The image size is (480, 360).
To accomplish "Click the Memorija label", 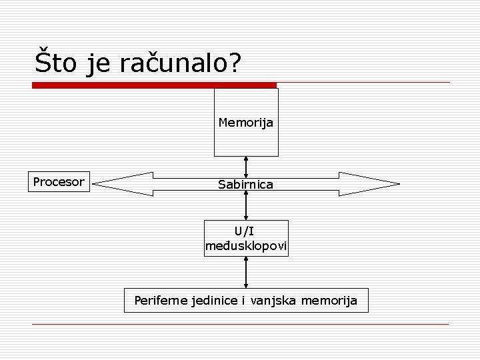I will pyautogui.click(x=246, y=123).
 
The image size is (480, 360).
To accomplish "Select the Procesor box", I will pyautogui.click(x=59, y=181).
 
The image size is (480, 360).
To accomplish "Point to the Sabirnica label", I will pyautogui.click(x=245, y=184).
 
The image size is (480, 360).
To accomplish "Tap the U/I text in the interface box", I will pyautogui.click(x=246, y=231).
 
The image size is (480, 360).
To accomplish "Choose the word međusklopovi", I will pyautogui.click(x=246, y=247).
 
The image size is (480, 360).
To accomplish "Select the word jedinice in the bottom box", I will pyautogui.click(x=213, y=301).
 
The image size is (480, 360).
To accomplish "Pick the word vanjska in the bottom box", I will pyautogui.click(x=273, y=301).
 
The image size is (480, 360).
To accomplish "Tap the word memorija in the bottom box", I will pyautogui.click(x=329, y=301).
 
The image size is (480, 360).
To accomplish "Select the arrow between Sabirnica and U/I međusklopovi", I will pyautogui.click(x=247, y=205).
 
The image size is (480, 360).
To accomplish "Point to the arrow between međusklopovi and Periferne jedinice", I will pyautogui.click(x=247, y=272).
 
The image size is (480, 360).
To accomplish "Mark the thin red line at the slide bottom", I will pyautogui.click(x=240, y=325).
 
